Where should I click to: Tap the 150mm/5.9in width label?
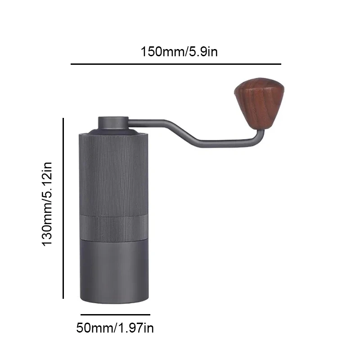pos(179,51)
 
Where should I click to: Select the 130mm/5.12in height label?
pos(48,203)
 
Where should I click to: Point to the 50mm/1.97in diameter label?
pos(115,328)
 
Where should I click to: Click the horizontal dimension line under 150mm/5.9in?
pos(175,64)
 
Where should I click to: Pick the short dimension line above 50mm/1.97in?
pos(115,315)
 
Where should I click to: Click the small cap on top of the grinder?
pos(113,123)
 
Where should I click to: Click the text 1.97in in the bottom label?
pos(135,328)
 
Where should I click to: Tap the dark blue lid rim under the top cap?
pos(113,131)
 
